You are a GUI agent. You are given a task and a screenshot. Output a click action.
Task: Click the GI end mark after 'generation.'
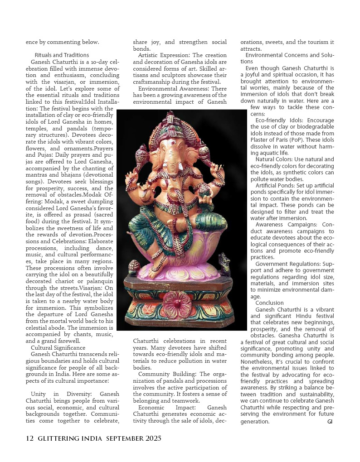pyautogui.click(x=330, y=422)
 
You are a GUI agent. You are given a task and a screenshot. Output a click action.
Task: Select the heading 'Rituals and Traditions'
pyautogui.click(x=62, y=55)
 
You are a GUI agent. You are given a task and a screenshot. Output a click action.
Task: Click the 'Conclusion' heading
pyautogui.click(x=269, y=303)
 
